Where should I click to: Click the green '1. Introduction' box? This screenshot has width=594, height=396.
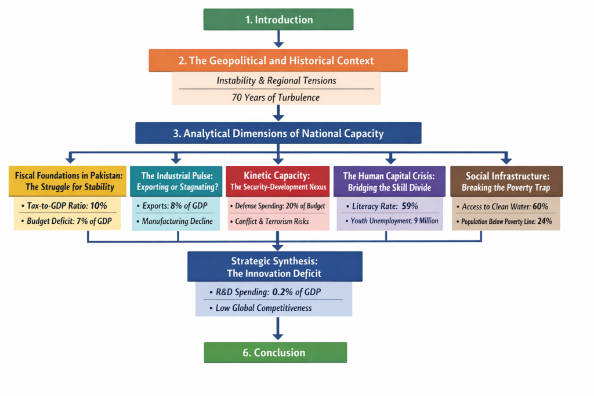pyautogui.click(x=278, y=20)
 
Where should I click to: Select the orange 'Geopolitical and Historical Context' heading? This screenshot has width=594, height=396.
pyautogui.click(x=278, y=60)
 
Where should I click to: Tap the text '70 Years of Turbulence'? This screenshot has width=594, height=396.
pyautogui.click(x=276, y=97)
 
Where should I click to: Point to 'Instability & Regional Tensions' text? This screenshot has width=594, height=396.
pyautogui.click(x=276, y=81)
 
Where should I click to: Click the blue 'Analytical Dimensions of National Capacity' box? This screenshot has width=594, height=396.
pyautogui.click(x=278, y=133)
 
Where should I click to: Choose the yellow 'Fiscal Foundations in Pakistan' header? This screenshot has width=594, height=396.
pyautogui.click(x=69, y=181)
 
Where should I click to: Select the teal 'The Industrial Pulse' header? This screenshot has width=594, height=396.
pyautogui.click(x=176, y=181)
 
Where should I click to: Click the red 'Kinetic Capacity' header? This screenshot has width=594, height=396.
pyautogui.click(x=278, y=181)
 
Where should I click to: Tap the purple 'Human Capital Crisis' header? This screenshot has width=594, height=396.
pyautogui.click(x=390, y=181)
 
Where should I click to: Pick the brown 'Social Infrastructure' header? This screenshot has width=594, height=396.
pyautogui.click(x=506, y=181)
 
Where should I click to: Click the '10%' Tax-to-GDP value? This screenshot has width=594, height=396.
pyautogui.click(x=99, y=206)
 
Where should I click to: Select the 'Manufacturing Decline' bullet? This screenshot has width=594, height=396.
pyautogui.click(x=178, y=221)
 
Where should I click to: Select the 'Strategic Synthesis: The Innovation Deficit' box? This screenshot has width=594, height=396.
pyautogui.click(x=275, y=267)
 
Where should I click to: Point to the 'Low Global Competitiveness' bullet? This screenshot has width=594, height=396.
pyautogui.click(x=264, y=308)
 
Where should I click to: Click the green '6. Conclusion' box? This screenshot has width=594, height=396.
pyautogui.click(x=275, y=353)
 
